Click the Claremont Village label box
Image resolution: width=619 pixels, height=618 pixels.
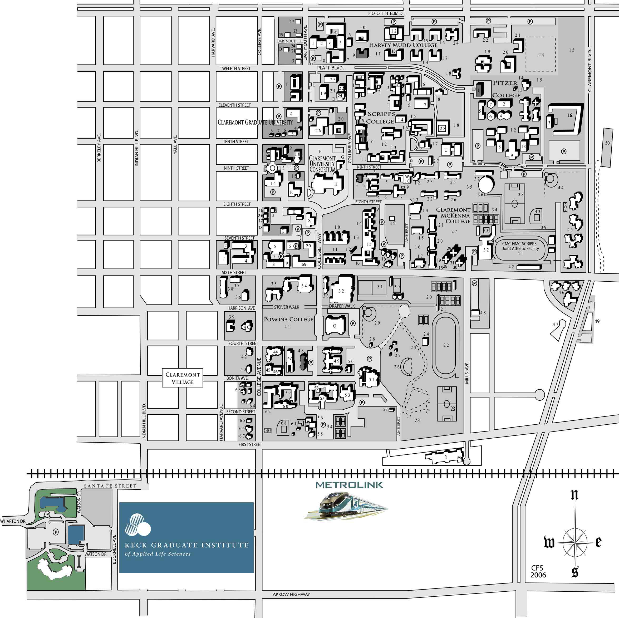pyautogui.click(x=182, y=378)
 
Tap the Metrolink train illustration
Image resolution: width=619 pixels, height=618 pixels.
pyautogui.click(x=346, y=507)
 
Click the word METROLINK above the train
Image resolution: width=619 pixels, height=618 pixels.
pyautogui.click(x=349, y=485)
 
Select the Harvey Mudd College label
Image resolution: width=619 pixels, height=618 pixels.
pyautogui.click(x=403, y=45)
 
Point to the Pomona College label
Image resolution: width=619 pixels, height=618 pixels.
pyautogui.click(x=288, y=320)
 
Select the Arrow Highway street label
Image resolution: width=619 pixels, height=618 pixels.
pyautogui.click(x=291, y=594)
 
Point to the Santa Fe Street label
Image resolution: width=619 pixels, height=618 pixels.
pyautogui.click(x=110, y=486)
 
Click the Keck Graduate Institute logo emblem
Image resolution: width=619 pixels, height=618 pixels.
pyautogui.click(x=137, y=525)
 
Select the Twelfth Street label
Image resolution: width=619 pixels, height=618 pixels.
pyautogui.click(x=235, y=68)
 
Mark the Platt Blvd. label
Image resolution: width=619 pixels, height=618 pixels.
pyautogui.click(x=330, y=68)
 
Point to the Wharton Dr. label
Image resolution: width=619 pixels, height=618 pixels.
pyautogui.click(x=13, y=521)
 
